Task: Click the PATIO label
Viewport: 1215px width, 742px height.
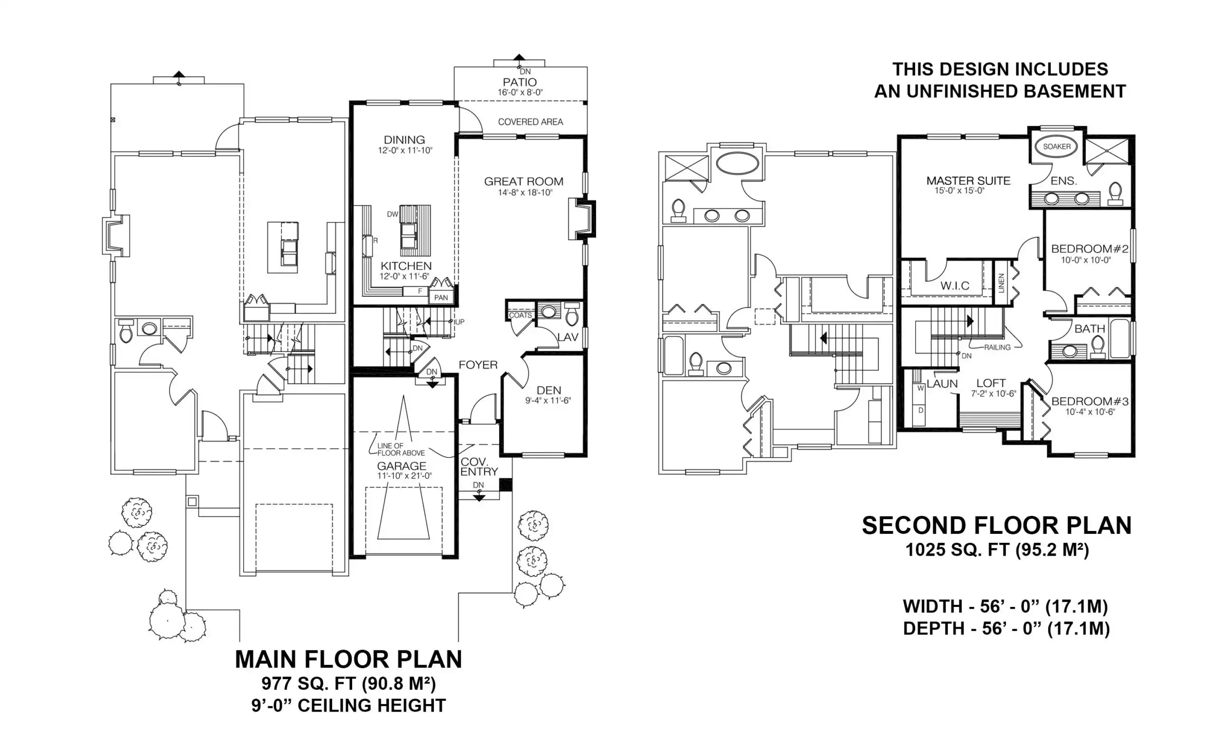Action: pyautogui.click(x=520, y=82)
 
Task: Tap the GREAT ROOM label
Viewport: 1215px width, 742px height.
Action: pyautogui.click(x=523, y=181)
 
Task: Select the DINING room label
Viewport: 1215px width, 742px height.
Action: pyautogui.click(x=404, y=140)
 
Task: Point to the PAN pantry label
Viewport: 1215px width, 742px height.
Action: pyautogui.click(x=441, y=297)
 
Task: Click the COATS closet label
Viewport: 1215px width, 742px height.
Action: pyautogui.click(x=520, y=315)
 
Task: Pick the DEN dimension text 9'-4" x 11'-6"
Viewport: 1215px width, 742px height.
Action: pyautogui.click(x=548, y=401)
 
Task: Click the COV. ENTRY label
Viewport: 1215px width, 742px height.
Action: pyautogui.click(x=479, y=467)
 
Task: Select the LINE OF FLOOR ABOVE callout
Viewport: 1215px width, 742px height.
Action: pyautogui.click(x=401, y=449)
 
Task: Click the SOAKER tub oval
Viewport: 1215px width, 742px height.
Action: pyautogui.click(x=1056, y=147)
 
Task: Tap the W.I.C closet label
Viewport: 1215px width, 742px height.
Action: pyautogui.click(x=954, y=285)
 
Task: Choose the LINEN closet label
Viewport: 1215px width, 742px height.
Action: pyautogui.click(x=1001, y=284)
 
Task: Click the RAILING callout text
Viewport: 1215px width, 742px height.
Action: pyautogui.click(x=997, y=348)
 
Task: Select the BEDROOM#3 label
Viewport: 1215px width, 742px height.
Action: pyautogui.click(x=1090, y=401)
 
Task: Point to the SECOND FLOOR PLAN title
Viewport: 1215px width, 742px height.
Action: pyautogui.click(x=997, y=525)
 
